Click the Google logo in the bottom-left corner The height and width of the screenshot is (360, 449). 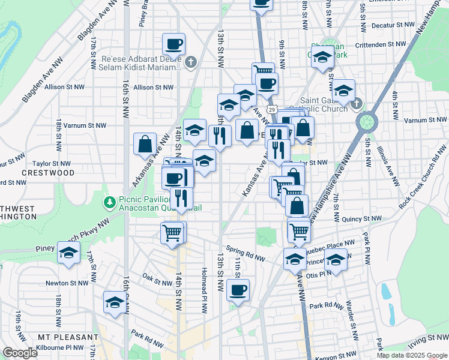(x=20, y=353)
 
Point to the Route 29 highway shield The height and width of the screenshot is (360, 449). (x=273, y=110)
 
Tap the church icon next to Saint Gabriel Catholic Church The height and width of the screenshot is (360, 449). (x=356, y=104)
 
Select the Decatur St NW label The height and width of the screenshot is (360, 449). (x=393, y=26)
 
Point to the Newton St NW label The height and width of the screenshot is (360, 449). (x=67, y=283)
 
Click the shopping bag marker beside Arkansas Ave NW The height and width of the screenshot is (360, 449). (x=145, y=144)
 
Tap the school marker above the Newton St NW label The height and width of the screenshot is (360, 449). (x=68, y=253)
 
